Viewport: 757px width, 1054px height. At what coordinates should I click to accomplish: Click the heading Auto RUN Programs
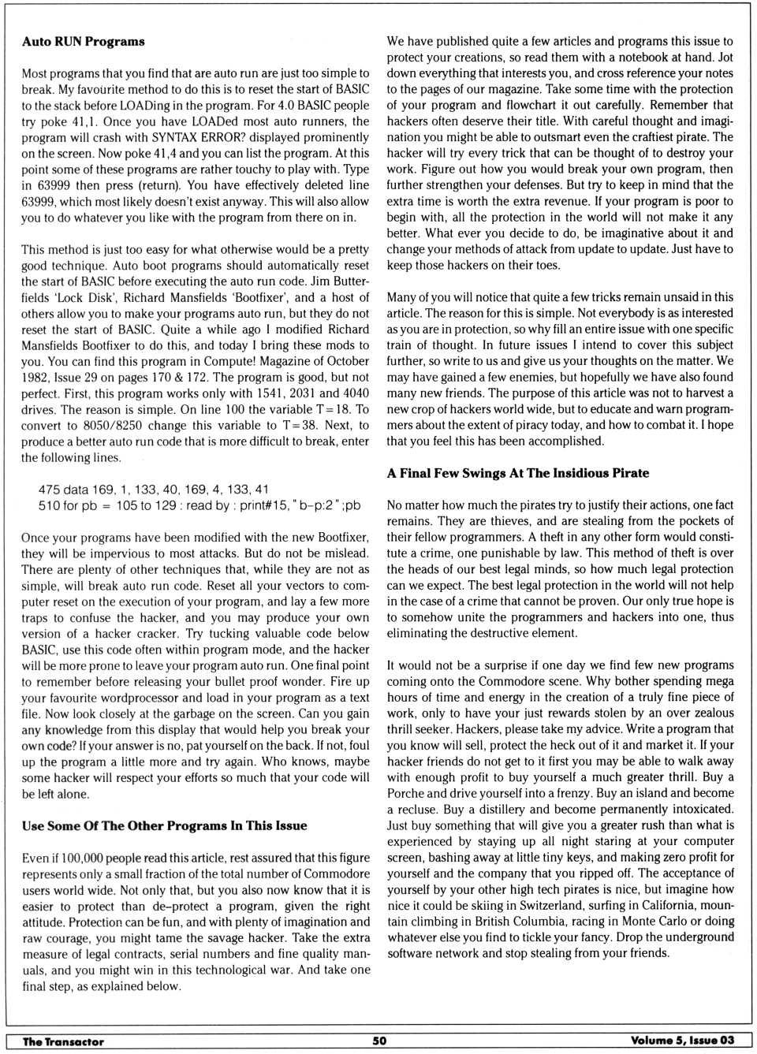(x=83, y=41)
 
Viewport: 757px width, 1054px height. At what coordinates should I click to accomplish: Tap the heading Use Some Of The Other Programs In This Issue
(x=164, y=825)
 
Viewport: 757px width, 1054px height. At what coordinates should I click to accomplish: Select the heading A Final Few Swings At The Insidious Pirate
(x=517, y=473)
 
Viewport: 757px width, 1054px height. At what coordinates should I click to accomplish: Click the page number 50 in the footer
(x=379, y=1041)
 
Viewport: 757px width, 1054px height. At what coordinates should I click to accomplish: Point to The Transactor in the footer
(x=63, y=1041)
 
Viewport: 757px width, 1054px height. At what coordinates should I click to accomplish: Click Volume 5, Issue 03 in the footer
(x=682, y=1041)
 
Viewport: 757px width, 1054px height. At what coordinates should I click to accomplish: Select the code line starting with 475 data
(x=153, y=490)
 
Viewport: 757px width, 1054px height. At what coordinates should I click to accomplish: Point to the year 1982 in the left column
(x=36, y=378)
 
